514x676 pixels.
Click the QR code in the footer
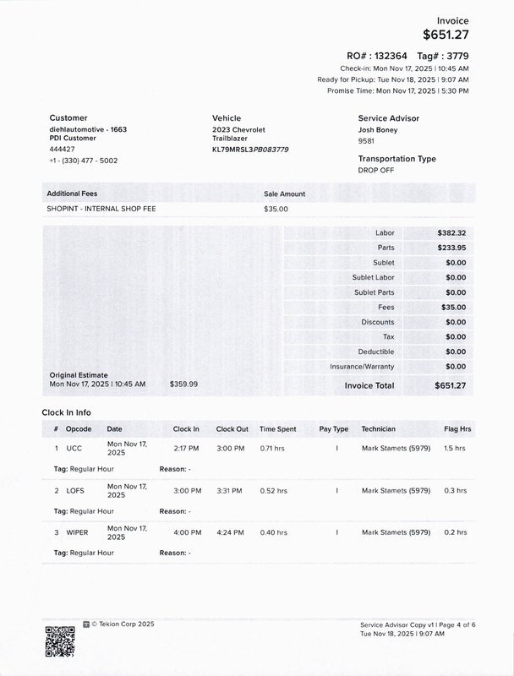(59, 641)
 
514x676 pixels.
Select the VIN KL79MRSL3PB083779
(250, 150)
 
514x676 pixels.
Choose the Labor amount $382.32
(451, 232)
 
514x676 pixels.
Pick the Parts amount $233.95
(451, 248)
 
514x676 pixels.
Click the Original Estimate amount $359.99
(183, 384)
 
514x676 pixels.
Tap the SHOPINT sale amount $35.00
(276, 209)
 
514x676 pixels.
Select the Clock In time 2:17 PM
(186, 448)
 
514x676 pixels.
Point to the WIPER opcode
(77, 532)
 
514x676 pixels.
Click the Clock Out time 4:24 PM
(230, 532)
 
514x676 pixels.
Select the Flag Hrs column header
(457, 429)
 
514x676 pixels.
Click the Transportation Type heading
(396, 159)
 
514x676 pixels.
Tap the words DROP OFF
(376, 170)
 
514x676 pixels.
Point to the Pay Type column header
(333, 429)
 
